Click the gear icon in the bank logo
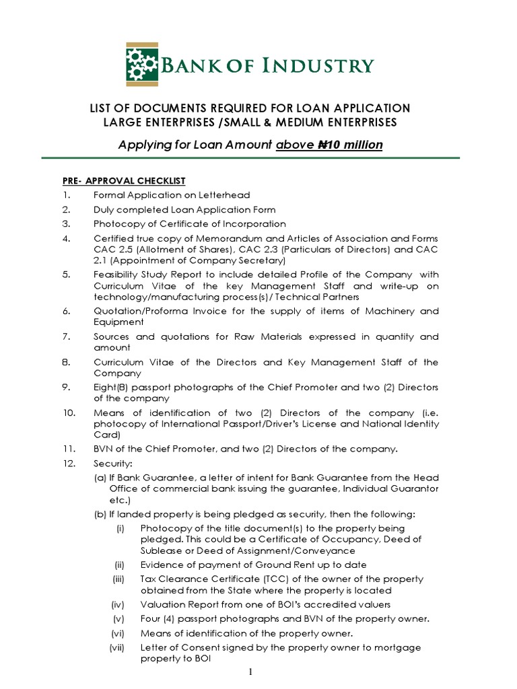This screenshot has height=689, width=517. coord(141,65)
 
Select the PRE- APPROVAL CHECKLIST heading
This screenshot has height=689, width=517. coord(119,181)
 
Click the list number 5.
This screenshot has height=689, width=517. coord(58,275)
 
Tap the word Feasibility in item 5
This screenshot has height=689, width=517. coord(116,275)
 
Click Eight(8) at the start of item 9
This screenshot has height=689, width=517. coord(110,388)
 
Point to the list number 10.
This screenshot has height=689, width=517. coord(61,413)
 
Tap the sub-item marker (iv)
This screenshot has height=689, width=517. coord(119,604)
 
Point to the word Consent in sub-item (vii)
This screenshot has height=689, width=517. coord(202,647)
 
